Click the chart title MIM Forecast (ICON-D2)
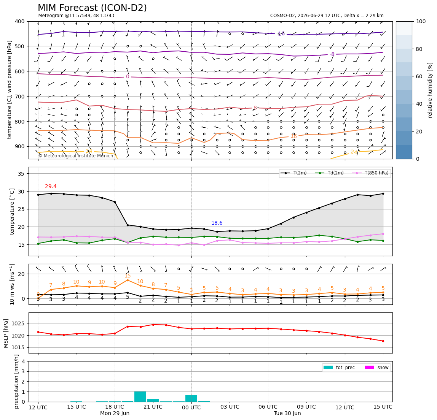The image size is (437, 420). [92, 8]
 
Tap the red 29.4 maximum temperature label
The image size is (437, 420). [51, 187]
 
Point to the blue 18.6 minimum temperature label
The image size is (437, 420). [217, 223]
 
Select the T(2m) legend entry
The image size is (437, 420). [294, 173]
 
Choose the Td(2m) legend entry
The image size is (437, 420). [329, 173]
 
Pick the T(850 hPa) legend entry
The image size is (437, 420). [370, 173]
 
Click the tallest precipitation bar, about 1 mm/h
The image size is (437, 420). [140, 396]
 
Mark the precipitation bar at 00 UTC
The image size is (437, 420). [191, 398]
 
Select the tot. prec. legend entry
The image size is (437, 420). [340, 368]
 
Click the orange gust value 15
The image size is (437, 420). [128, 276]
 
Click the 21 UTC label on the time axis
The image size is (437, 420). [153, 407]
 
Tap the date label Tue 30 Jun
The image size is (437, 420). [287, 413]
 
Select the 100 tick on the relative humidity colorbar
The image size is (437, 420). [421, 21]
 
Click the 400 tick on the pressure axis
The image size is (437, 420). [20, 21]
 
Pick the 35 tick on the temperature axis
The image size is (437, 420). [21, 174]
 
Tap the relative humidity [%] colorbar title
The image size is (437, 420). [430, 90]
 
